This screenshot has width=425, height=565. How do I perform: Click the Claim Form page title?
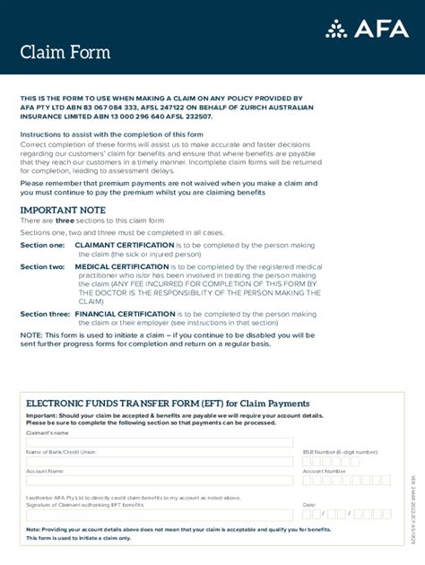(x=65, y=52)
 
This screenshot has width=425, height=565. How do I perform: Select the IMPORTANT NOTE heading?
(x=63, y=210)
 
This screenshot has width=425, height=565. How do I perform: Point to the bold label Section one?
(x=42, y=245)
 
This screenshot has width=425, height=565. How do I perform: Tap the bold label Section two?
(x=42, y=266)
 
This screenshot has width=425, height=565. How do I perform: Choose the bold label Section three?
(x=45, y=314)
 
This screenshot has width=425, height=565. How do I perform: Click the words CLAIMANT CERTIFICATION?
(x=124, y=245)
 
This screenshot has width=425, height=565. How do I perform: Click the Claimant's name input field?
(x=160, y=442)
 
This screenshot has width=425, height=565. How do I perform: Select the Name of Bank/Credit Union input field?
(x=160, y=461)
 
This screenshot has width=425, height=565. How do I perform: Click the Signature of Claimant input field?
(x=160, y=515)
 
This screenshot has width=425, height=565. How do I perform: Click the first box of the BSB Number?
(x=308, y=461)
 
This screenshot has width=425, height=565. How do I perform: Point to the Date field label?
(x=309, y=505)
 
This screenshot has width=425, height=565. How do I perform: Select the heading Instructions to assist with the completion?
(x=112, y=134)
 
